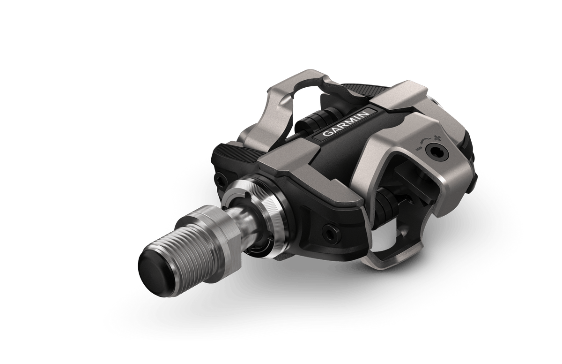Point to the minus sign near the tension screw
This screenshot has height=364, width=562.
coord(418,149)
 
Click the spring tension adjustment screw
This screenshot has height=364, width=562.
coord(433,152)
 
